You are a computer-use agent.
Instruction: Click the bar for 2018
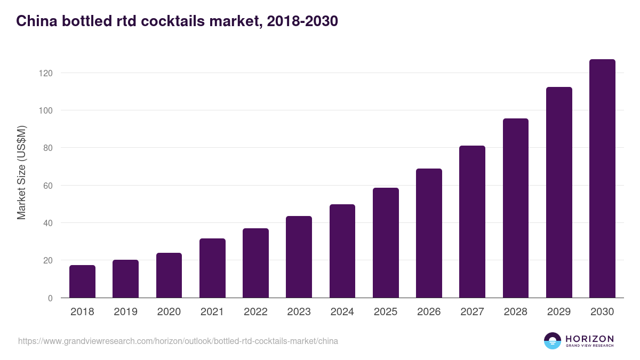pos(82,282)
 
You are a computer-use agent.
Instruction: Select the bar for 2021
pos(212,268)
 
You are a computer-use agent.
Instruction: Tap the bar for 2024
pos(342,251)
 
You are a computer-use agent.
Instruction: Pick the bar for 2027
pos(472,222)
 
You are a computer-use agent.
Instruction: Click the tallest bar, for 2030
pos(602,179)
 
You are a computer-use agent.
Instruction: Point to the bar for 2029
pos(559,193)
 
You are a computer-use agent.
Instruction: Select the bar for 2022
pos(255,263)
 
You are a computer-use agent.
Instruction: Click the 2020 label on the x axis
pos(169,312)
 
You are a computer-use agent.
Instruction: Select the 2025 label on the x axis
pos(386,312)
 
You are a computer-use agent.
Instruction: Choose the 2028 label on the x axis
pos(515,312)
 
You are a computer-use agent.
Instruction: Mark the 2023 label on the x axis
pos(299,312)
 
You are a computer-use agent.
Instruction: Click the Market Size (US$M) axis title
pos(21,172)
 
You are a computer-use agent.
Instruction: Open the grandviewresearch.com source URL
pos(178,341)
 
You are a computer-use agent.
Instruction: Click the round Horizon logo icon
pos(553,341)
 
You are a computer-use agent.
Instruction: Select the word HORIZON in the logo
pos(589,338)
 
